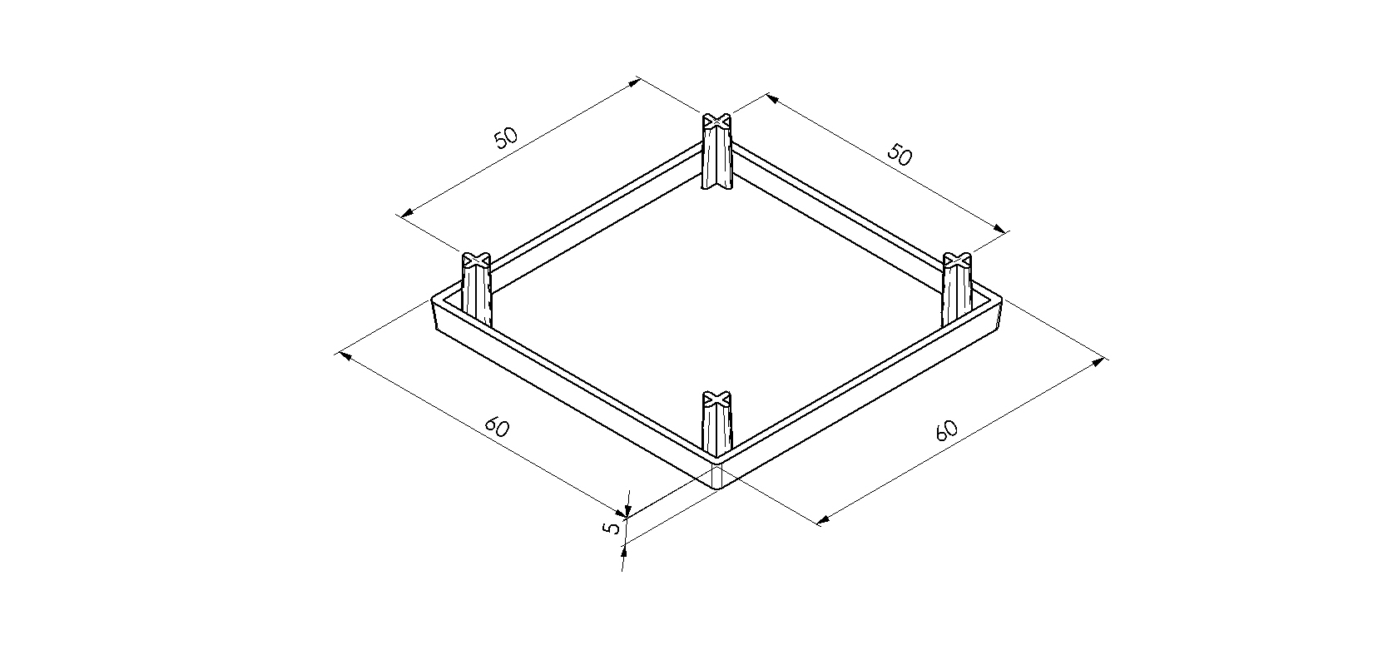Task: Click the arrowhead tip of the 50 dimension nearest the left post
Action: click(401, 216)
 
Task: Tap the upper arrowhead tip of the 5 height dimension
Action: click(627, 516)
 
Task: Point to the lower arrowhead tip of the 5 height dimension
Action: click(625, 543)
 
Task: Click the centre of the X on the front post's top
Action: click(717, 398)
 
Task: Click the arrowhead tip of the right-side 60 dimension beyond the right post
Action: click(1105, 359)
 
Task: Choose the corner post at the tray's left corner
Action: click(476, 290)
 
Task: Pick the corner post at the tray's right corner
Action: click(957, 290)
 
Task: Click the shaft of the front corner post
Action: click(717, 428)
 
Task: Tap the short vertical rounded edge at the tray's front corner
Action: click(717, 477)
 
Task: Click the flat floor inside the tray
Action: click(717, 297)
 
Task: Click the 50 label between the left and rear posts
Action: click(506, 138)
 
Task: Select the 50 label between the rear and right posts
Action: click(900, 154)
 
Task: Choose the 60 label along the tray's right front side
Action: click(946, 430)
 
